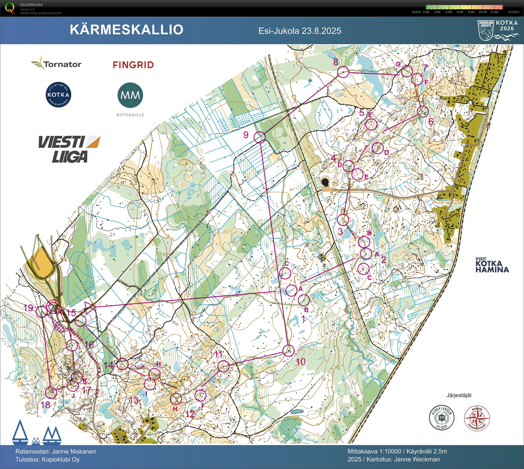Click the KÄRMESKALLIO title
pos(126,30)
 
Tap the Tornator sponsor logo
pos(56,64)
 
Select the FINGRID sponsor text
pos(133,65)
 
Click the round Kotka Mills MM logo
pos(130,95)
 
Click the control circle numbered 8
pos(343,72)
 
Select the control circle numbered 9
pos(260,137)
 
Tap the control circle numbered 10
pos(288,351)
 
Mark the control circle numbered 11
pos(223,366)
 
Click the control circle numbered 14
pos(122,364)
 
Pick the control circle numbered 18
pos(51,393)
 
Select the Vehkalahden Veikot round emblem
pos(442,418)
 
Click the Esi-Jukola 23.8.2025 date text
pos(300,31)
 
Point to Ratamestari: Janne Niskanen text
pos(56,451)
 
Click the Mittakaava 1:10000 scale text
pos(374,451)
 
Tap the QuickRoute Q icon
pos(10,7)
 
